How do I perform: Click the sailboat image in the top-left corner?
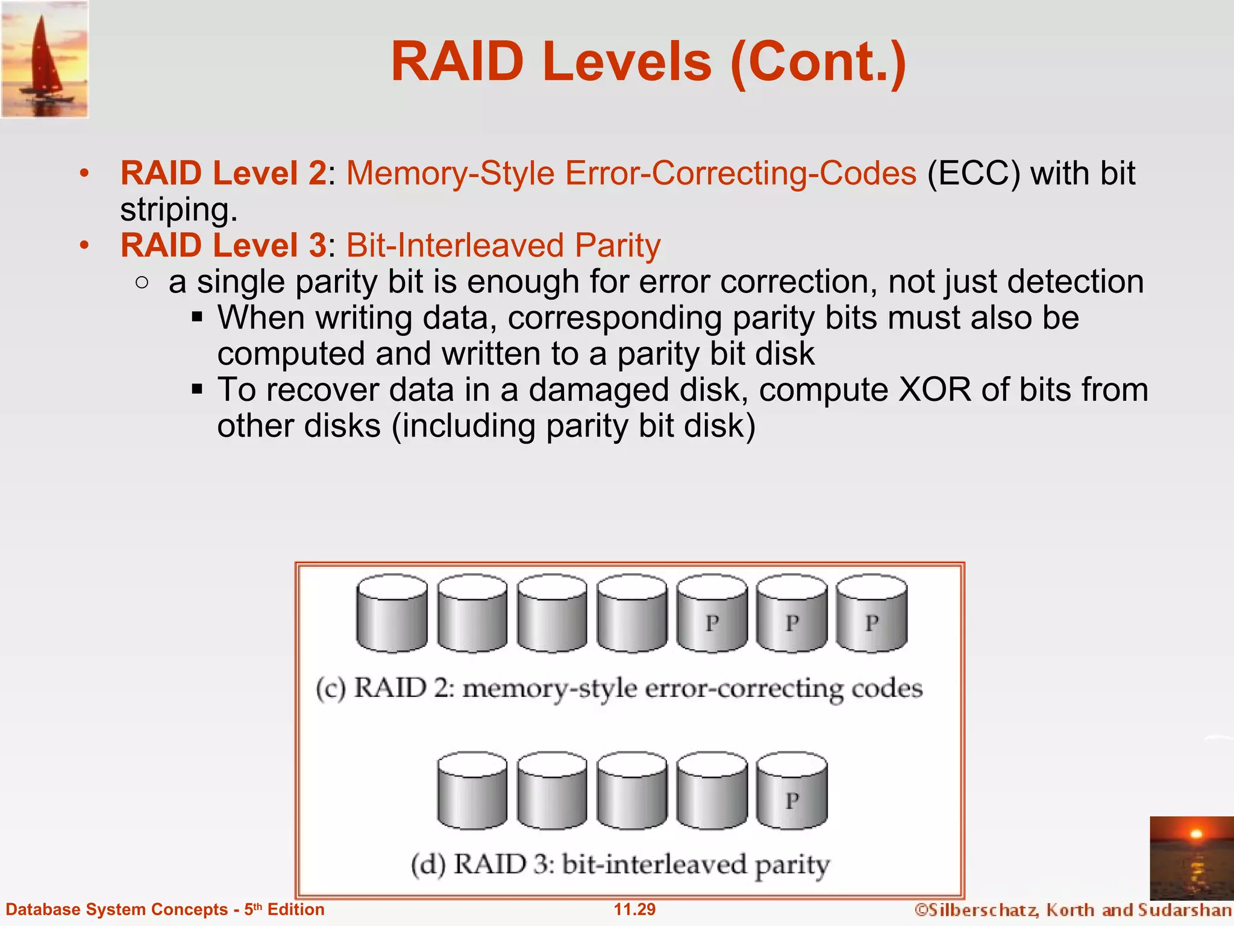(x=45, y=58)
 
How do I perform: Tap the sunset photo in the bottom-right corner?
(x=1191, y=858)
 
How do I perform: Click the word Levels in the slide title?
(x=627, y=61)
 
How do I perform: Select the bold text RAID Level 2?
(x=223, y=174)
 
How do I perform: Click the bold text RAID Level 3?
(x=223, y=246)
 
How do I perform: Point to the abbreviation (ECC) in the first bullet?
(x=974, y=174)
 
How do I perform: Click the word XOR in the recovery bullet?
(x=935, y=390)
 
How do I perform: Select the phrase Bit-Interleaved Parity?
(x=503, y=246)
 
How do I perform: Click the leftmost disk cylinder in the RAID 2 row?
(x=392, y=614)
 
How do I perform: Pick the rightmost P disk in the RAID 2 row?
(x=871, y=614)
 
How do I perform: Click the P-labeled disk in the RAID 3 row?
(x=792, y=791)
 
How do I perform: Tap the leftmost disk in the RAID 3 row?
(x=472, y=791)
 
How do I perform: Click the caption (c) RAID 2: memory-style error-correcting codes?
(x=619, y=688)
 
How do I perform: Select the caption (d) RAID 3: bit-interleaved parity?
(x=620, y=865)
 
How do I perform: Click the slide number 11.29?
(x=634, y=910)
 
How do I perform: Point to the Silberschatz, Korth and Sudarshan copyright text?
(x=1073, y=910)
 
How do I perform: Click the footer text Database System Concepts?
(x=116, y=910)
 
